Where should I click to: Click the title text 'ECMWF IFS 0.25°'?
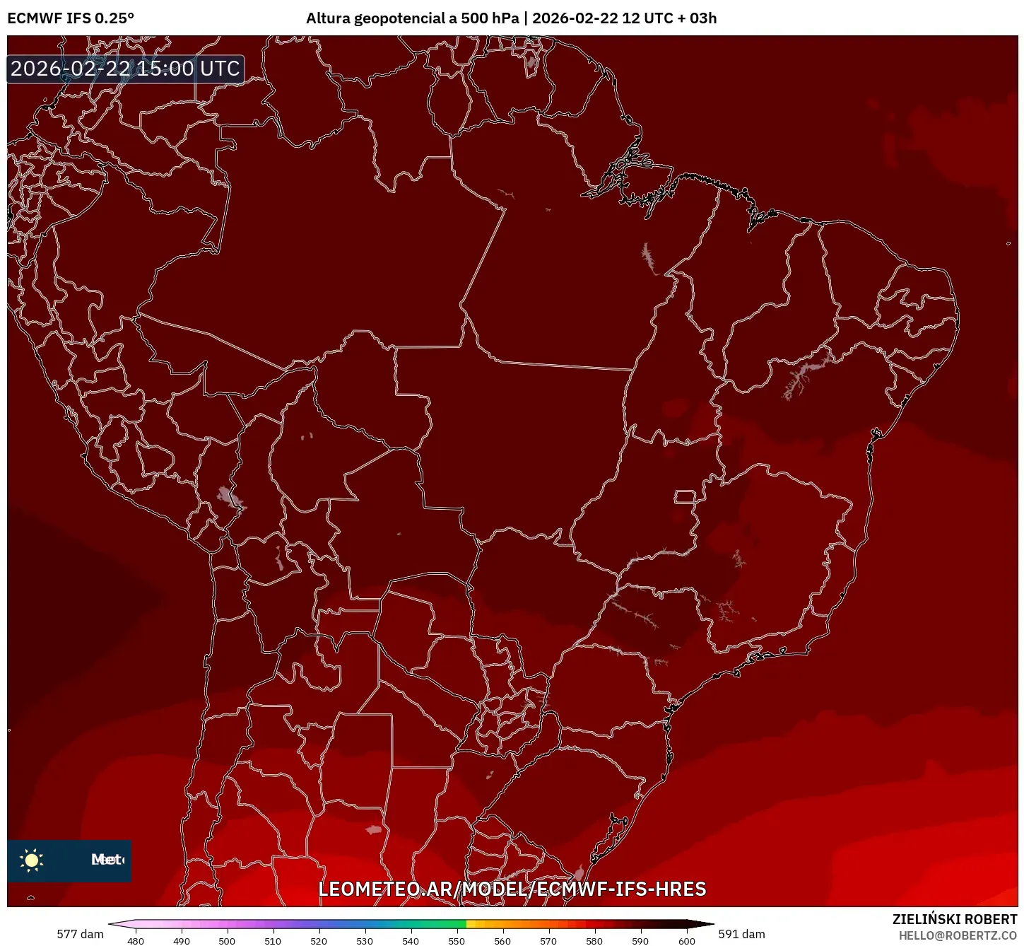[71, 18]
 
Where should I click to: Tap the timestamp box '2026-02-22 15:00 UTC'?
[125, 69]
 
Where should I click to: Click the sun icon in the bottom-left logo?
[32, 860]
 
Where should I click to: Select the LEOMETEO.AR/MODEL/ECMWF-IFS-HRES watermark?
[512, 889]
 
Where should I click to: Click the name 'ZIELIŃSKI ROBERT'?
[954, 919]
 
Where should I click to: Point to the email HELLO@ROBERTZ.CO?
[958, 935]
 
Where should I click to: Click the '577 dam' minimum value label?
[80, 934]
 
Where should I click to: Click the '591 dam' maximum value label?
[741, 934]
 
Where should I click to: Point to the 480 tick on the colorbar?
[135, 941]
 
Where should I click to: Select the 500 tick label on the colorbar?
[227, 941]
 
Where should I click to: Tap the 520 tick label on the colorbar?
[319, 941]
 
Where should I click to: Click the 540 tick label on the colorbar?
[411, 941]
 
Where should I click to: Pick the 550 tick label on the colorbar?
[457, 941]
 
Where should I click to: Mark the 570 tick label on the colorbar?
[548, 941]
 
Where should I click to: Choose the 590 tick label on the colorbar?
[640, 941]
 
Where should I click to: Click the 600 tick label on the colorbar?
[686, 941]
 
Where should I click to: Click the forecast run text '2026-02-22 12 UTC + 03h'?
[624, 18]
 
